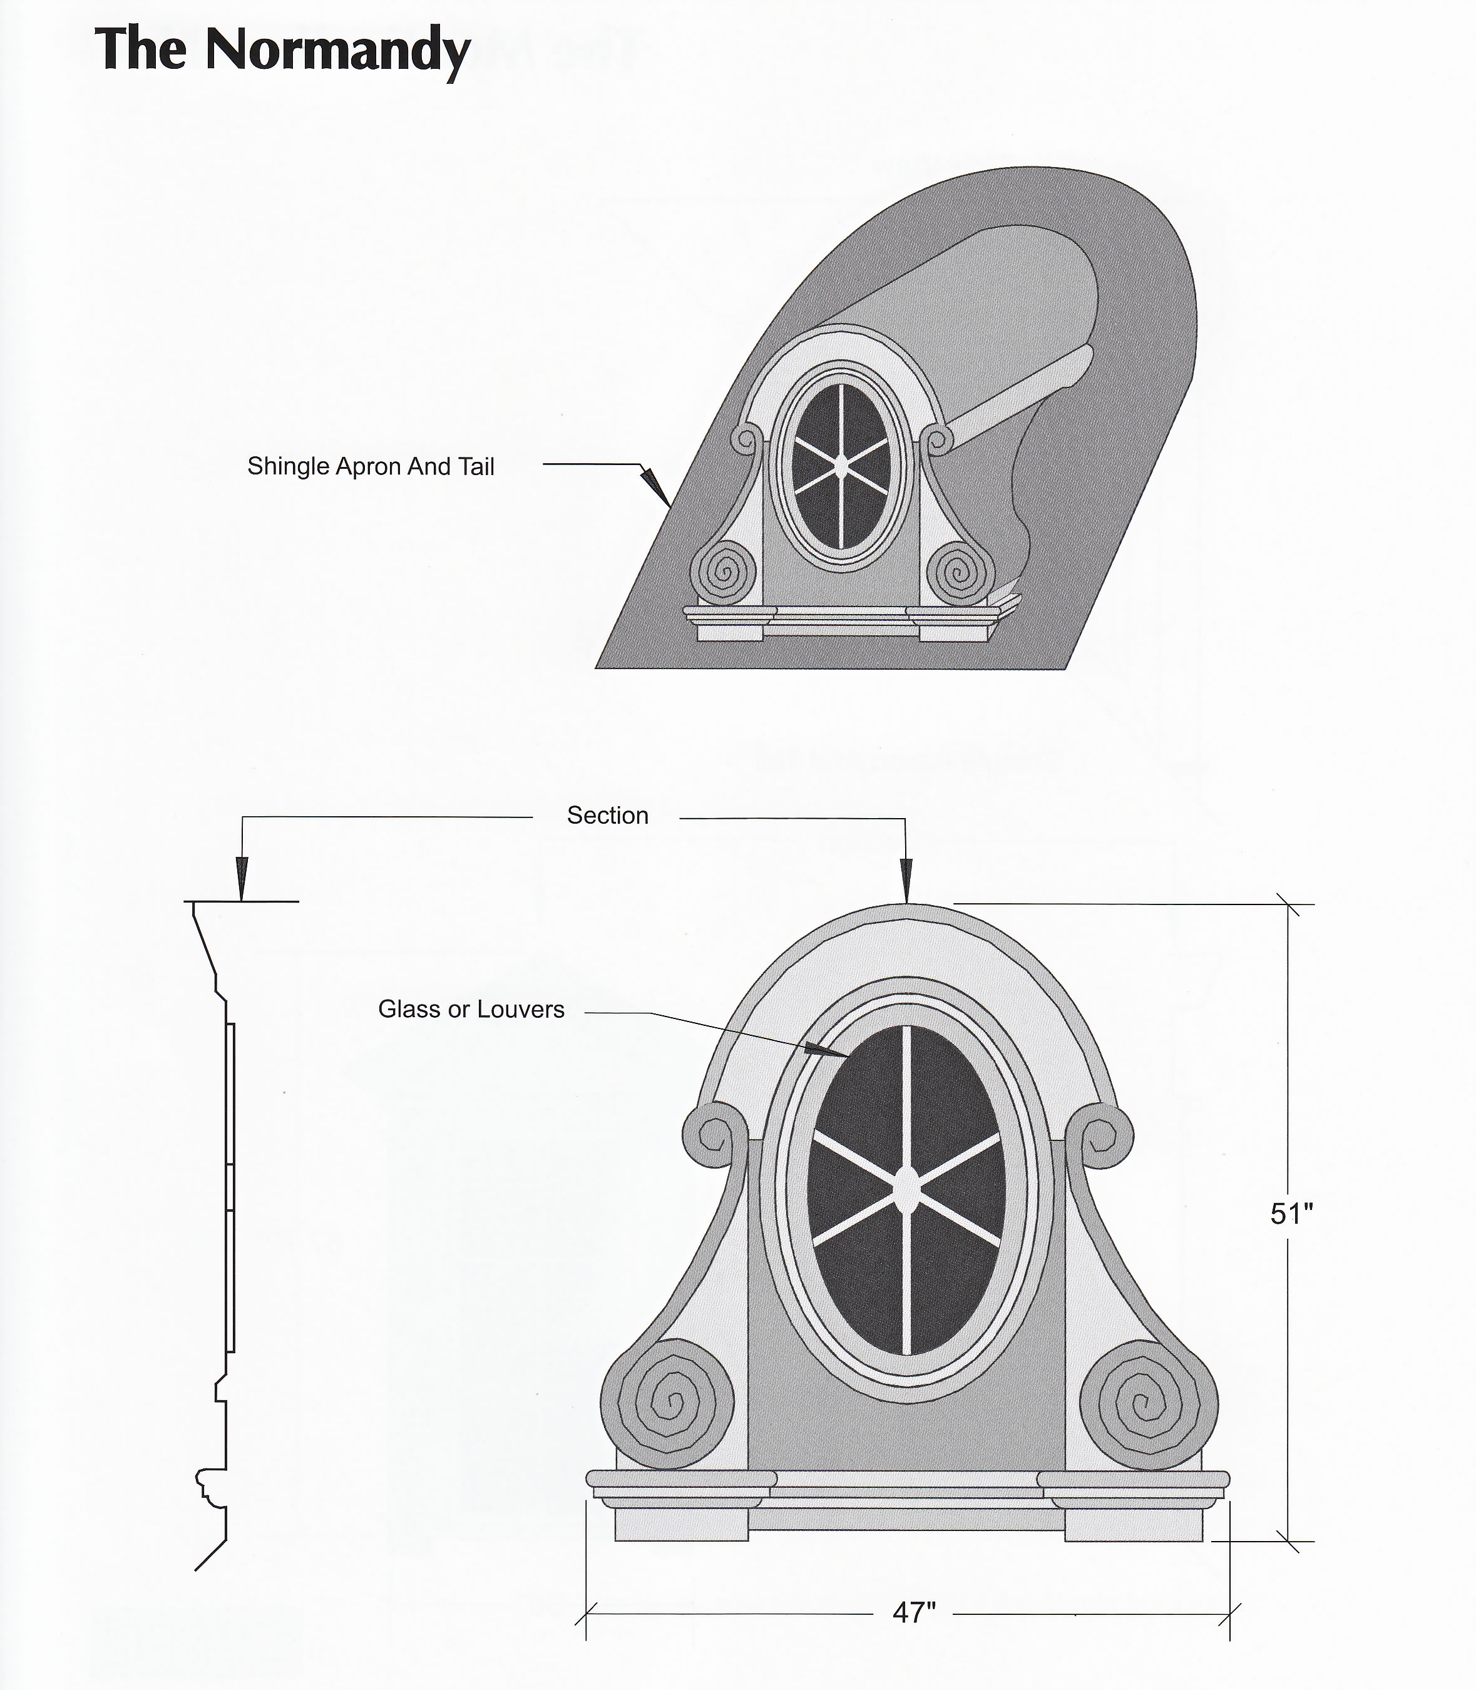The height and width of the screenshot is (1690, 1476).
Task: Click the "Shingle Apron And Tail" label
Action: [x=371, y=467]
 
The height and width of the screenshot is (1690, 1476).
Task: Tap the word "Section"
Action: [x=608, y=816]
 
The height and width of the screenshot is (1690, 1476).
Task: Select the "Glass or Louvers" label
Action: [x=471, y=1010]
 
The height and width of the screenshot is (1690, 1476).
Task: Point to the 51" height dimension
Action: [x=1291, y=1213]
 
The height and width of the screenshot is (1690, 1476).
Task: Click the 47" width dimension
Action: [x=915, y=1612]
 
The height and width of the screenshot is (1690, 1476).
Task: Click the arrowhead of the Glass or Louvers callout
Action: [x=826, y=1050]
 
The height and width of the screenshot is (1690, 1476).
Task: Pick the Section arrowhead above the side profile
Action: [x=242, y=878]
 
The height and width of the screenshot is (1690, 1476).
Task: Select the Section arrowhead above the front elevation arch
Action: [x=906, y=881]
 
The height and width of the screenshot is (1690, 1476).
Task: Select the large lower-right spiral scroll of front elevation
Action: [x=1149, y=1404]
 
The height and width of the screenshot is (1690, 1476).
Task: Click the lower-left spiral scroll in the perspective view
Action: [x=723, y=571]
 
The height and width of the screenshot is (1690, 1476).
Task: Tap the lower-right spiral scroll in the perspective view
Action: [x=960, y=571]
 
